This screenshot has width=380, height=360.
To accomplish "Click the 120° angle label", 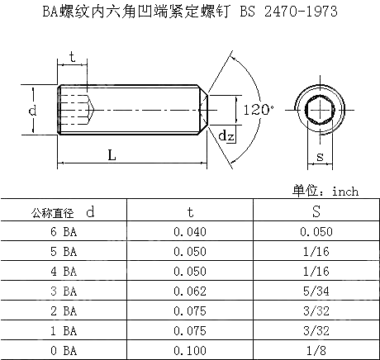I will click(x=258, y=107).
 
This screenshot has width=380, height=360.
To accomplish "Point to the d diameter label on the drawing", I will click(x=31, y=110).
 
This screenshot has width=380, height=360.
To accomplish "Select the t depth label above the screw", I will click(x=73, y=57).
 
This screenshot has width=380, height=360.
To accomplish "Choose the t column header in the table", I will click(x=190, y=212).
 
